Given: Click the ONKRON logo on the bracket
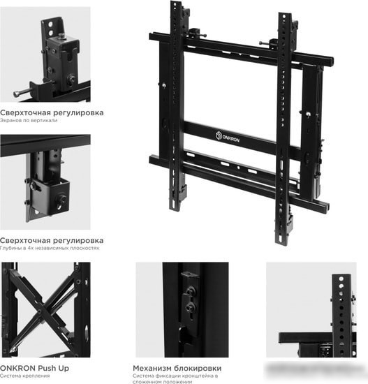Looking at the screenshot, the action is click(228, 137).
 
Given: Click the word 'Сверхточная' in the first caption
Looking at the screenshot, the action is click(25, 113).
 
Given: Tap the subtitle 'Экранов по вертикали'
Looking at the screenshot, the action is click(29, 121).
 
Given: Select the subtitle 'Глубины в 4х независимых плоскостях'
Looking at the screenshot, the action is click(50, 248).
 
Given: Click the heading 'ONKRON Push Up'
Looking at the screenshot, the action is click(34, 368).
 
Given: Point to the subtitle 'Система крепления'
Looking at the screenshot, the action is click(24, 376).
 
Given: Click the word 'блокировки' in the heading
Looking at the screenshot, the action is click(199, 368).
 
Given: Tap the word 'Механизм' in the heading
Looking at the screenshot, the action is click(153, 368).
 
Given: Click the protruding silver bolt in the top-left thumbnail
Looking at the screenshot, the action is click(22, 93).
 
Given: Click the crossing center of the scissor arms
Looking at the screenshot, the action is click(39, 311).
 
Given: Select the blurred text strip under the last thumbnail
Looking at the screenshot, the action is click(311, 368).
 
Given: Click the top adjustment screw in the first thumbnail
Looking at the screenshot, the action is click(61, 36).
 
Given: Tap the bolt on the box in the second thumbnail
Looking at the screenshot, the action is click(61, 199).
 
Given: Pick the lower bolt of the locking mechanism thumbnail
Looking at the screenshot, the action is click(189, 307).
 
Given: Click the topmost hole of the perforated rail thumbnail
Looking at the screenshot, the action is click(341, 279).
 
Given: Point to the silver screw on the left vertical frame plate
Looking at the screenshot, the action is click(163, 85).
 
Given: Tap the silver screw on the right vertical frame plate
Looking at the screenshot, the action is click(308, 114).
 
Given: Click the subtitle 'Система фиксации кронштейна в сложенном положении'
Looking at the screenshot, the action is click(175, 378).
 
